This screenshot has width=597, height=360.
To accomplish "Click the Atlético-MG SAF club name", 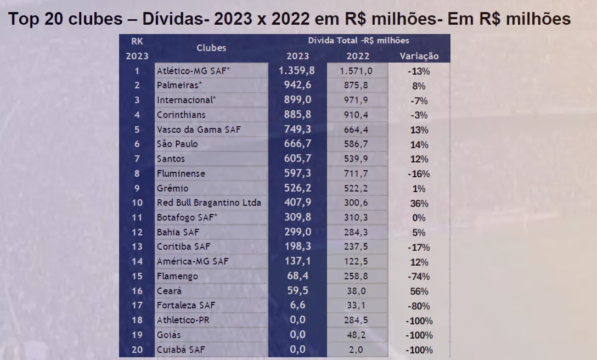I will [193, 71].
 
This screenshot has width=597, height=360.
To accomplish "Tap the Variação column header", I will [419, 56].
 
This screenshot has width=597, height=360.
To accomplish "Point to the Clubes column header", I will [211, 48].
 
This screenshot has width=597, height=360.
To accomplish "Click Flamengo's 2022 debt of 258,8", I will [357, 276].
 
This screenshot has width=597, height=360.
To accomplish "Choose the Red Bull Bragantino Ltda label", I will [209, 203].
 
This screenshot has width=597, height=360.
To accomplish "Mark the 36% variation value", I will [419, 203].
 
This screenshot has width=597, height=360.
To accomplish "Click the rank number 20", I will [137, 350].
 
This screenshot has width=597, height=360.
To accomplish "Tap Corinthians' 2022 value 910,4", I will [357, 115].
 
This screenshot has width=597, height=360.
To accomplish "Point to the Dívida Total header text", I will [358, 41].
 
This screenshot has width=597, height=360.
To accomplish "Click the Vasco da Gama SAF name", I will [199, 130].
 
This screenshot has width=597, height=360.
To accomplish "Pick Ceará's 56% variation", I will [419, 291].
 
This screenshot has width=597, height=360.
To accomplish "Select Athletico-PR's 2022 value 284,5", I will [357, 320].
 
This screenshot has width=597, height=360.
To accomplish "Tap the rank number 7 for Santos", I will [137, 159].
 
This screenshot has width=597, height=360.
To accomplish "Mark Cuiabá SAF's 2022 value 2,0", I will [357, 350].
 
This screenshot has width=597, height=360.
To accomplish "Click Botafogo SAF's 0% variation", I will [419, 218].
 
